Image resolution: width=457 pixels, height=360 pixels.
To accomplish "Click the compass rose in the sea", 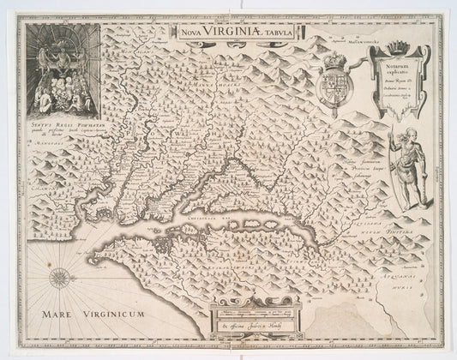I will point(62,279).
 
